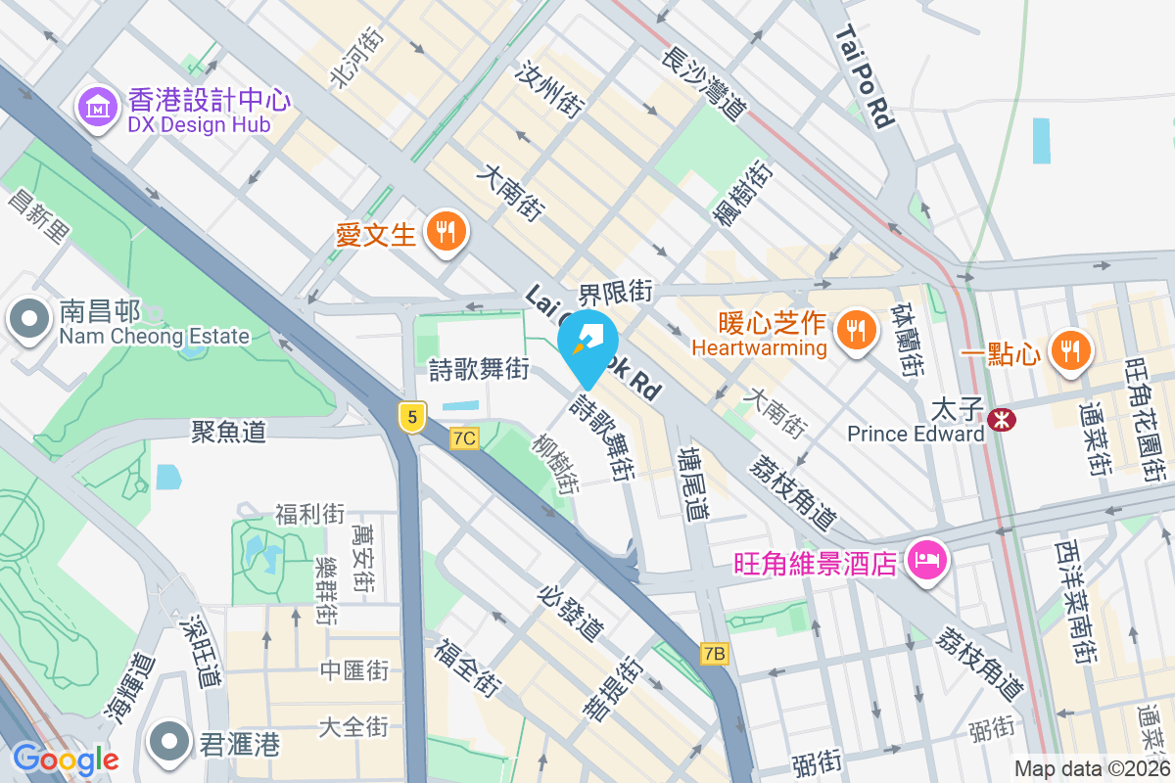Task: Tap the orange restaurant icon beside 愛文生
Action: pos(446,232)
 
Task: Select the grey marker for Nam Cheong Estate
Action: pos(29,319)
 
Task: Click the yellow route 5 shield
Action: pos(412,417)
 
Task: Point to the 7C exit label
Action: pos(464,438)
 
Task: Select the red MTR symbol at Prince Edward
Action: pos(1001,420)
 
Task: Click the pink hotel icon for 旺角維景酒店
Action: pos(925,561)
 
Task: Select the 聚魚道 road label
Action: pos(228,431)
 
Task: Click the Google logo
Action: pos(66,759)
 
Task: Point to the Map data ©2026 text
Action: pos(1092,769)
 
